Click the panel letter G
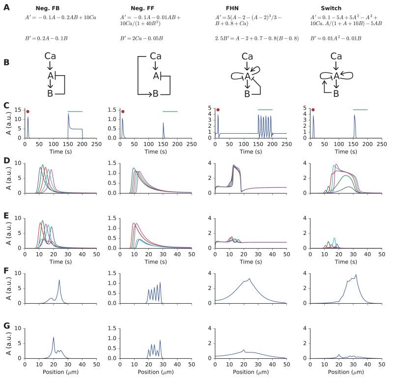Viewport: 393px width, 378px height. coord(6,325)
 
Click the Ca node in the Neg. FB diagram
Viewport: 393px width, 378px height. coord(50,57)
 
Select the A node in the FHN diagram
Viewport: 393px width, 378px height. coord(242,76)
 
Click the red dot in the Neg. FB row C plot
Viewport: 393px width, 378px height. coord(28,112)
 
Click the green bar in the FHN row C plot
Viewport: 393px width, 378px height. coord(265,110)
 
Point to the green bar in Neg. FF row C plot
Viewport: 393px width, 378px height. coord(170,112)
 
